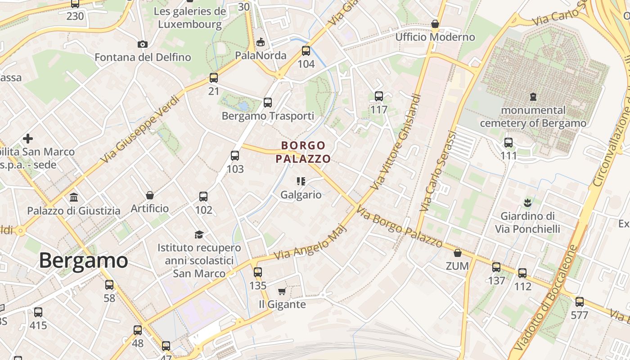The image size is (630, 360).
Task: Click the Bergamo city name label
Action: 83,261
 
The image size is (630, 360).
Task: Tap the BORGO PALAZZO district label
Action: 303,152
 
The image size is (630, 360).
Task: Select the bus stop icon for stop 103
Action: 235,156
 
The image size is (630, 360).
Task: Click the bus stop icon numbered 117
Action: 379,96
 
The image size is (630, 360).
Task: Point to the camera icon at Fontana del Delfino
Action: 143,44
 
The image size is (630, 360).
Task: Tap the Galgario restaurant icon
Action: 301,181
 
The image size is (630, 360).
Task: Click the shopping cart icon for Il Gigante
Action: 282,291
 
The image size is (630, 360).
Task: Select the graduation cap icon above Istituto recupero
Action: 199,234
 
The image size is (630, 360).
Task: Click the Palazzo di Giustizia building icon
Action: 74,197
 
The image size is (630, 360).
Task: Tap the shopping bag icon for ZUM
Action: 458,253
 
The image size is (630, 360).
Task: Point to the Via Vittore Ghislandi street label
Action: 396,141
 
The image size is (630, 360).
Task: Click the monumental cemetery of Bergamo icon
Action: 533,96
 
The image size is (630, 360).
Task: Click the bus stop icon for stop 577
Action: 580,301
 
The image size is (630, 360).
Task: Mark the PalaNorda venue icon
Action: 261,42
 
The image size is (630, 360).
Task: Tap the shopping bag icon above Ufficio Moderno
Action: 435,23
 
